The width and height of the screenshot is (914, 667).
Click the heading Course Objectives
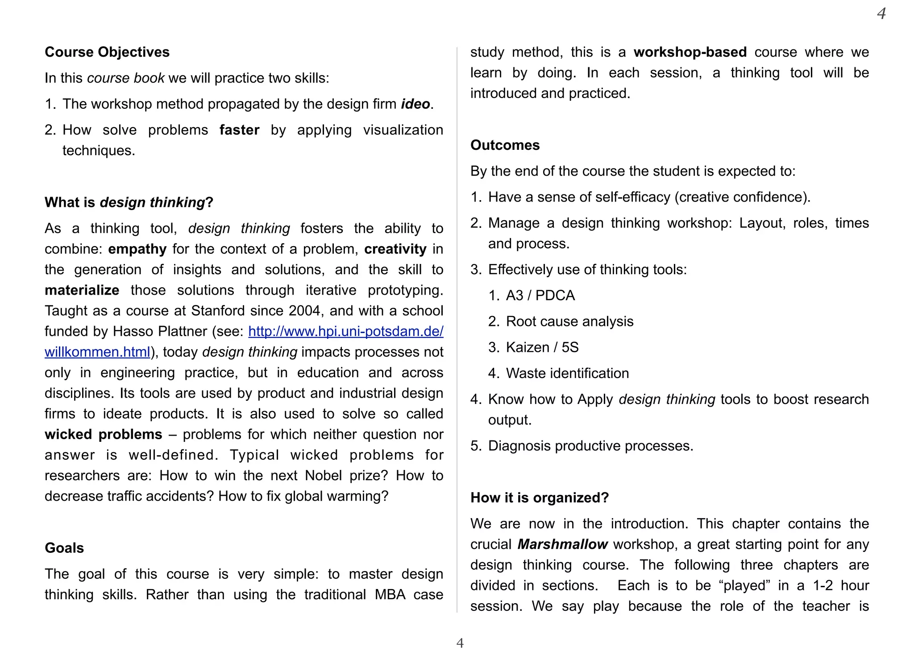click(107, 52)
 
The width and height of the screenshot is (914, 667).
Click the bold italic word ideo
click(415, 104)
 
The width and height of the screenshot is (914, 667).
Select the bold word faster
click(239, 130)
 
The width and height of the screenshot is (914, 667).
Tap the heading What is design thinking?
click(129, 202)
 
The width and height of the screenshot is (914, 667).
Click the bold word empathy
click(137, 249)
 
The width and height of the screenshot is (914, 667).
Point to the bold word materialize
click(82, 290)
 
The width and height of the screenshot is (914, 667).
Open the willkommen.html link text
click(97, 352)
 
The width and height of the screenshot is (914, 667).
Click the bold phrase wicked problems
click(104, 434)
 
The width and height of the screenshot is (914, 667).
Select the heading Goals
click(64, 548)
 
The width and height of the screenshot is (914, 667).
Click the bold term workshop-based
click(690, 52)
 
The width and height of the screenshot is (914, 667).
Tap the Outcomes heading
click(505, 145)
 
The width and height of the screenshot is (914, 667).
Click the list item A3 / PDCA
click(540, 296)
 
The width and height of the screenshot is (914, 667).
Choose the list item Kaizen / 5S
click(542, 347)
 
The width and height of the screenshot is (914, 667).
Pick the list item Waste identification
click(567, 373)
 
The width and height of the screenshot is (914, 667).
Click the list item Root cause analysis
click(569, 321)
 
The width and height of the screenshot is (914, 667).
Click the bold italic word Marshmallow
click(562, 544)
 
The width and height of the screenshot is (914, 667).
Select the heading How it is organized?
click(540, 498)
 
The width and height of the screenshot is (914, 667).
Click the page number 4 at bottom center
click(460, 643)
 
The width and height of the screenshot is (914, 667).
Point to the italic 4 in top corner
click(881, 13)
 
